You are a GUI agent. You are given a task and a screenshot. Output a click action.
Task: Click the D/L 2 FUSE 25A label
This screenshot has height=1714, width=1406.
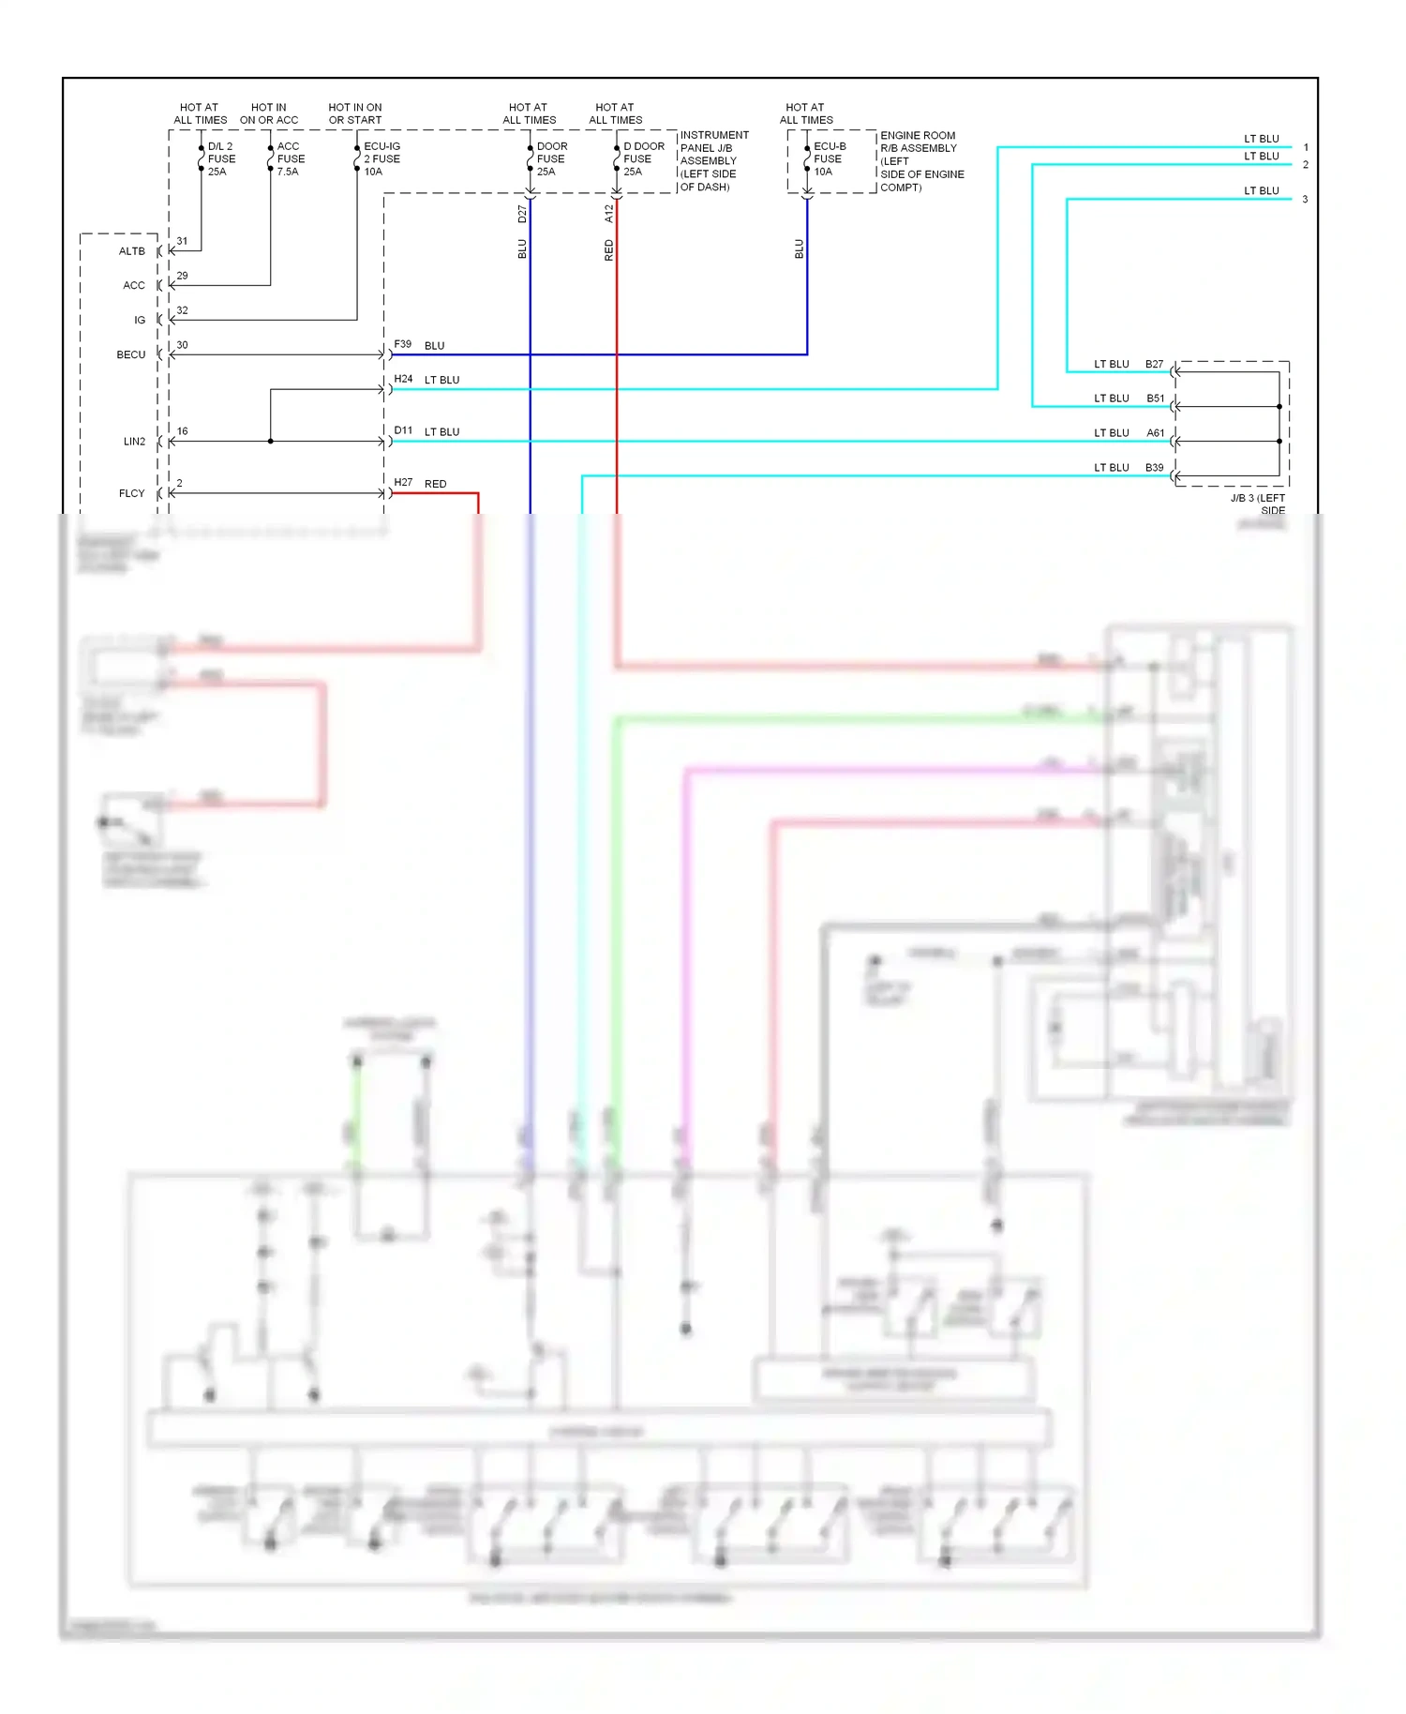point(221,159)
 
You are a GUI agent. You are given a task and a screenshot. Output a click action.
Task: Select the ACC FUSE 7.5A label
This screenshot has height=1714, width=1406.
point(291,159)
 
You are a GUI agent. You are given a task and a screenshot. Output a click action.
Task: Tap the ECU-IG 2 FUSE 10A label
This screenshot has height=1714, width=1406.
point(381,159)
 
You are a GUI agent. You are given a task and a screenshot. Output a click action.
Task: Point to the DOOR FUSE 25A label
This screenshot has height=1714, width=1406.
point(551,159)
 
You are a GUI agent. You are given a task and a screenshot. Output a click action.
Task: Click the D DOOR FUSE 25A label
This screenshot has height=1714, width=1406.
point(643,159)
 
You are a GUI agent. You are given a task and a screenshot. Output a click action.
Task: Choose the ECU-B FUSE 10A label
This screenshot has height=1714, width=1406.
point(829,159)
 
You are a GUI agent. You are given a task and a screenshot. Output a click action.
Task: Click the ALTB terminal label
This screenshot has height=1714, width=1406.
point(132,251)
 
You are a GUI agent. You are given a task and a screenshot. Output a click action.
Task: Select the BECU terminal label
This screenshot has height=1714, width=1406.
point(131,355)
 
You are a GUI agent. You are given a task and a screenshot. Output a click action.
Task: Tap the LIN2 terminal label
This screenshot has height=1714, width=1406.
point(134,442)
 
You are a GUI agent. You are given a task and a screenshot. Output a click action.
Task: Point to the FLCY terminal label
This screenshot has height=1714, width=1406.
point(132,493)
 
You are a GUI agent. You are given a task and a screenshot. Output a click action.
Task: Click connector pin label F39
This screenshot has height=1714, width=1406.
point(403,345)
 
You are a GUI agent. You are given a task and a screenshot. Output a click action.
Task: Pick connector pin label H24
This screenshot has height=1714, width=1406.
point(403,380)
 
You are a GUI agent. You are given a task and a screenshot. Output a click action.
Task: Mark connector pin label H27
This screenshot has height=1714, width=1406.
point(403,483)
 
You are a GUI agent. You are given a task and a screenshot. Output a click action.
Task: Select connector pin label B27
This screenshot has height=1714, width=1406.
point(1155,365)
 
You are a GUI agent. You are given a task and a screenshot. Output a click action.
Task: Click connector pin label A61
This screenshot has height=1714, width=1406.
point(1156,433)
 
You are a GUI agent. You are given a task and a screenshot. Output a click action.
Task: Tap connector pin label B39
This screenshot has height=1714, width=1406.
point(1155,468)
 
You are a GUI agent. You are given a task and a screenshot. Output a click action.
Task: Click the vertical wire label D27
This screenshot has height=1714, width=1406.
point(522,215)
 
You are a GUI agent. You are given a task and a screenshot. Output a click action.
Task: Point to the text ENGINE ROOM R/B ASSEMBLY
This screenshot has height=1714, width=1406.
point(919,142)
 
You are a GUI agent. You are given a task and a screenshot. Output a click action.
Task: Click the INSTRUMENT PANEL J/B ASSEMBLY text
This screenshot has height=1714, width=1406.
point(714,148)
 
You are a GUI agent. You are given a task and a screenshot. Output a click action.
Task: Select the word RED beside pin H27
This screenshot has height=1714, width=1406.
point(436,485)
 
